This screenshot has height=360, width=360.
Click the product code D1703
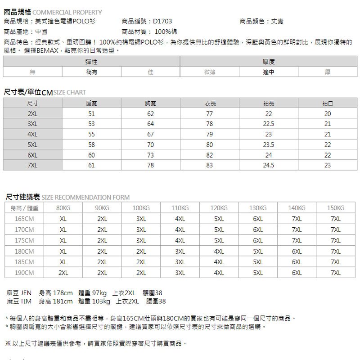[x=162, y=21]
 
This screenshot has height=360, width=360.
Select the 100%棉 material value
[x=166, y=32]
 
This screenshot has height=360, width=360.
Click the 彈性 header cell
[x=91, y=61]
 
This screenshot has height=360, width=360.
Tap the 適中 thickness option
[x=268, y=72]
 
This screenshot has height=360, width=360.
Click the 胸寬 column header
[x=150, y=103]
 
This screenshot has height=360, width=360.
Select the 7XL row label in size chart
[x=32, y=165]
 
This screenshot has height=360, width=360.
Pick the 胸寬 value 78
[x=150, y=165]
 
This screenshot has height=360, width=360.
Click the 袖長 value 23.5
[x=268, y=145]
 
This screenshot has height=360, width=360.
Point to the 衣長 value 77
[x=209, y=114]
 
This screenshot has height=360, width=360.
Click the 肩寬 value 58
[x=91, y=145]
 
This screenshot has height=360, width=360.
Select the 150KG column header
[x=336, y=208]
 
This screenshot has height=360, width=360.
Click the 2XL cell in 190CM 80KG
[x=63, y=273]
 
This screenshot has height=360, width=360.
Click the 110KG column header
[x=180, y=208]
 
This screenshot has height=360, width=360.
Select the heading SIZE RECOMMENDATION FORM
[x=86, y=197]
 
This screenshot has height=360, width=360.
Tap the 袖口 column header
[x=327, y=103]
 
